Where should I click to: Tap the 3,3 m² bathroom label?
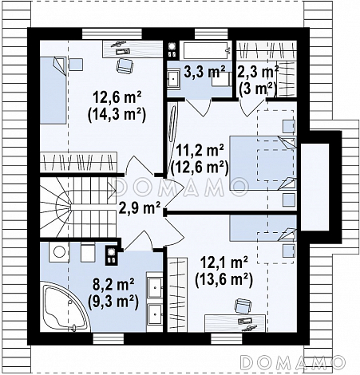(x=204, y=72)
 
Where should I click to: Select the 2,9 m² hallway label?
(x=139, y=207)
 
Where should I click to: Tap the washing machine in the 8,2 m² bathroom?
(x=58, y=251)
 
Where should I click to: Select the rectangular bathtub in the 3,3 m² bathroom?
(x=206, y=50)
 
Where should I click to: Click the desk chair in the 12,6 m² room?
(x=125, y=65)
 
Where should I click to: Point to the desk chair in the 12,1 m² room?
(x=243, y=306)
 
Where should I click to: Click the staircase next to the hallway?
(x=78, y=207)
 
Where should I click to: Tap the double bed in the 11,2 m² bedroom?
(x=263, y=164)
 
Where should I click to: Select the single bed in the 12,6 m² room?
(x=53, y=90)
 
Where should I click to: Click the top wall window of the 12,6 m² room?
(x=112, y=34)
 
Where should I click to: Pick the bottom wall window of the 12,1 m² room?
(x=227, y=339)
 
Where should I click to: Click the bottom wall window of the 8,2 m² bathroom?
(x=109, y=339)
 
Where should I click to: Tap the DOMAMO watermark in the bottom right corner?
(x=294, y=362)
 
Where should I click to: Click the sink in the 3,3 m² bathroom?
(x=173, y=78)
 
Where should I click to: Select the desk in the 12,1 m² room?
(x=235, y=323)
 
